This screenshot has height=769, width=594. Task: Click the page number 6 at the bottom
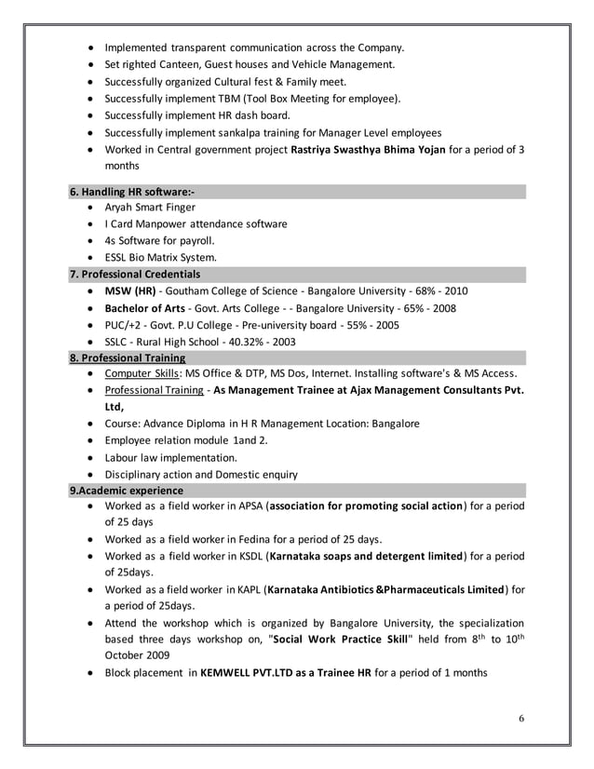click(521, 718)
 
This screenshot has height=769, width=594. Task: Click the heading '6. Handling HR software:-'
click(132, 191)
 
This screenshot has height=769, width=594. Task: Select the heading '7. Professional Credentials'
click(135, 275)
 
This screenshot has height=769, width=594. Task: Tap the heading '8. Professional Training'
click(128, 358)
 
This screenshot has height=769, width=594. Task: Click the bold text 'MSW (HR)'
click(130, 291)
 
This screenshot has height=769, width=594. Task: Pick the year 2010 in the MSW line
click(454, 291)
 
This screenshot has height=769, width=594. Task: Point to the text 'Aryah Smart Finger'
click(150, 208)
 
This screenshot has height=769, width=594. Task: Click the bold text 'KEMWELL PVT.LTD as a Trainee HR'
click(286, 673)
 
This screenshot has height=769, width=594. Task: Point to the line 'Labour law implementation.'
click(170, 457)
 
